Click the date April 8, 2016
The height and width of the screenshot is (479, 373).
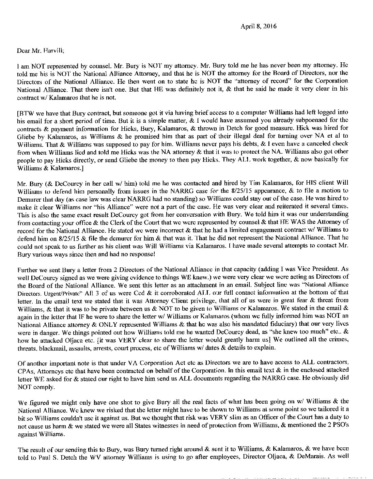259,26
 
